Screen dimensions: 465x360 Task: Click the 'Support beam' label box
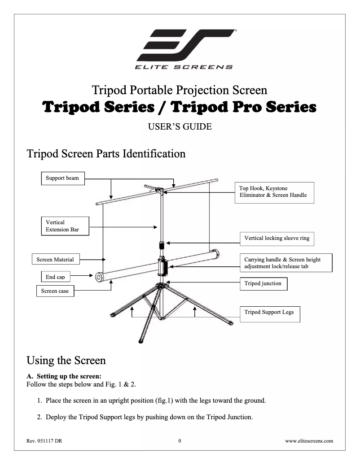tap(62, 178)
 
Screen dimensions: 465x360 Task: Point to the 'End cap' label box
tap(55, 277)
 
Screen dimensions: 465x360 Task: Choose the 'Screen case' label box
tap(55, 291)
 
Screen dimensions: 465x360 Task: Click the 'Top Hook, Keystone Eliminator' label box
tap(273, 192)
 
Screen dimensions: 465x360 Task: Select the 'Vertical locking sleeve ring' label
tap(277, 238)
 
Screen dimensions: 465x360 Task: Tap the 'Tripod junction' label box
tap(263, 284)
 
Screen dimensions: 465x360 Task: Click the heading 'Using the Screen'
tap(66, 360)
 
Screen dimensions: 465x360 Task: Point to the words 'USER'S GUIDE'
tap(180, 127)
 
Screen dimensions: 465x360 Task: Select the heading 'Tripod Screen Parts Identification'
tap(106, 154)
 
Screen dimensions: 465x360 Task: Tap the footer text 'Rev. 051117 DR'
tap(44, 440)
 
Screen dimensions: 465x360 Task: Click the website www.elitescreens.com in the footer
tap(309, 440)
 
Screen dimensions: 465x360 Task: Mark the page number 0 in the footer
tap(180, 440)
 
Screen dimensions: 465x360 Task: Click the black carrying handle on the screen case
tap(163, 268)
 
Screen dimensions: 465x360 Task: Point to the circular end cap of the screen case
tap(98, 277)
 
